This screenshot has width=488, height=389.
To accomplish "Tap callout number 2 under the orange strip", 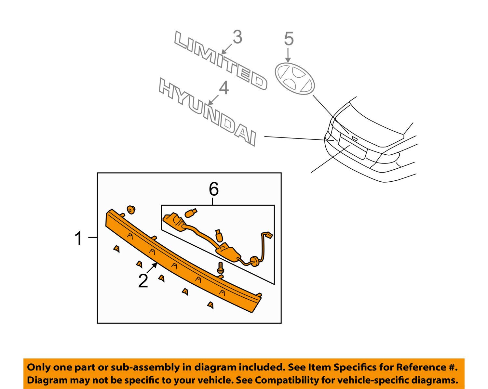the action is [143, 281].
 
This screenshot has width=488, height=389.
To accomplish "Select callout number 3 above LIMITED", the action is [237, 37].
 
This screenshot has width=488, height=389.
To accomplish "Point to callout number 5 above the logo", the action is [289, 39].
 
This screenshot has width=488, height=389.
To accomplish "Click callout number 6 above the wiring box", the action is [213, 189].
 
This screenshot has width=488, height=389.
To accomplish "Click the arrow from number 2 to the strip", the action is [152, 268].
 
